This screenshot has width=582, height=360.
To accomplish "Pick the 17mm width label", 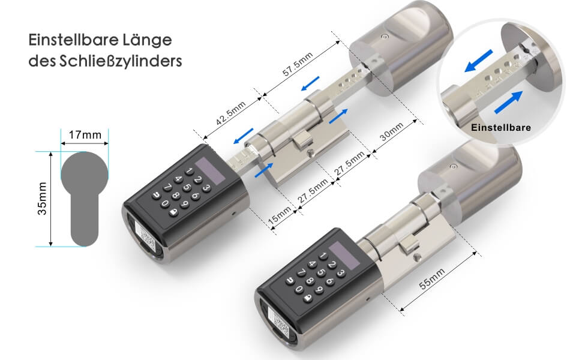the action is (84, 134).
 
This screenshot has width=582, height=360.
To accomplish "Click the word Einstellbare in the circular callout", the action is (501, 128).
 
